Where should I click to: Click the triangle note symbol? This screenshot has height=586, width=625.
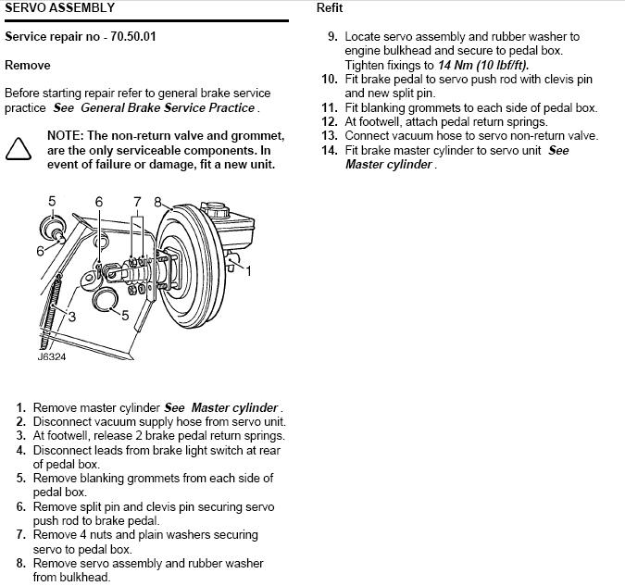click(19, 149)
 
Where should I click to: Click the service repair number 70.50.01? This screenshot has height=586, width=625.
click(133, 37)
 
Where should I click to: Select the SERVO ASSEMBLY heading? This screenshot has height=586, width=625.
click(60, 7)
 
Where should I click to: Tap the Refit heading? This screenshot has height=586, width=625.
click(330, 7)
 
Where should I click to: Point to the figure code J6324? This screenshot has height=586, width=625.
click(52, 356)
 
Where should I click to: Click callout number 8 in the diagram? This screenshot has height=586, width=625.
click(157, 202)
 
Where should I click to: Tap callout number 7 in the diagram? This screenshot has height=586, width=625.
click(137, 202)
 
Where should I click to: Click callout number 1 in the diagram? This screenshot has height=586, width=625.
click(248, 271)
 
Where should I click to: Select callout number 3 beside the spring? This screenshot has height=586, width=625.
click(71, 317)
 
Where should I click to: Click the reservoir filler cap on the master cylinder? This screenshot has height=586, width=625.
click(215, 208)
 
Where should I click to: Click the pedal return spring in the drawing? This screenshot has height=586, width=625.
click(51, 310)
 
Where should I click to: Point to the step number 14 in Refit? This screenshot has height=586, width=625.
click(330, 150)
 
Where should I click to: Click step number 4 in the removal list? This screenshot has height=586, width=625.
click(21, 451)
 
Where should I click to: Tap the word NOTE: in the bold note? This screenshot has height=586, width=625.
click(66, 136)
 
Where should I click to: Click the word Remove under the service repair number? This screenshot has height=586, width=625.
click(28, 65)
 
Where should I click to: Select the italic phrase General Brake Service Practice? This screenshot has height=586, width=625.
click(168, 107)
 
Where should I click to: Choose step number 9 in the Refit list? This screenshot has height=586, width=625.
click(332, 37)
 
